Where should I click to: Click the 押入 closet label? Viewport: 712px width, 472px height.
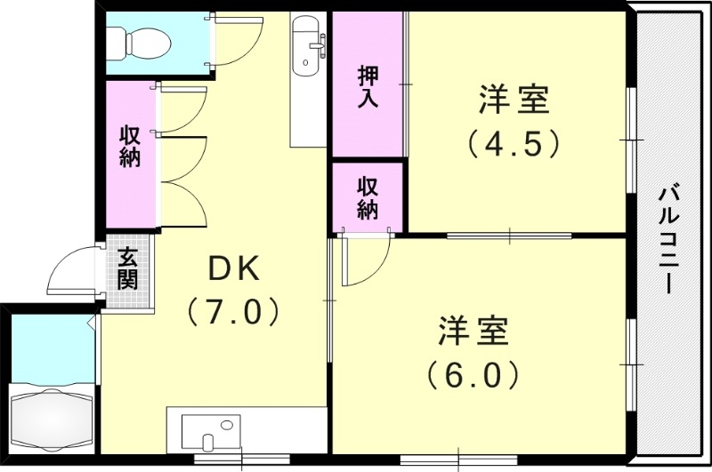(x=368, y=85)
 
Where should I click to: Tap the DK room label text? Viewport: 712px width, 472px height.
(x=233, y=267)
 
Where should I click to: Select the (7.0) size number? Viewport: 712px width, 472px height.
(x=233, y=311)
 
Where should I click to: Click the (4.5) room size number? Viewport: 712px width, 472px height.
(x=514, y=143)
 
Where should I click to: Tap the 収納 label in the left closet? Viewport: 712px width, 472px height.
(x=131, y=147)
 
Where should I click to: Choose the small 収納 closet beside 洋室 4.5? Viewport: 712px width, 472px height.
(x=368, y=196)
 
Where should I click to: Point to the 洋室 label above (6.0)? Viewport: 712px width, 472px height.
(x=473, y=332)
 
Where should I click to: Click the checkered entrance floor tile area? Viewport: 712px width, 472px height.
(x=127, y=290)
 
